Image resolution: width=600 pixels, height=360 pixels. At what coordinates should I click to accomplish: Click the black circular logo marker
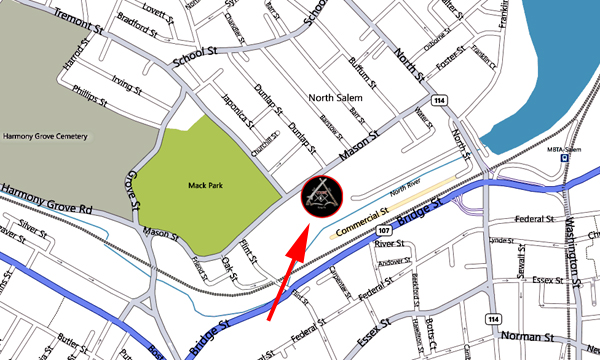[322, 195]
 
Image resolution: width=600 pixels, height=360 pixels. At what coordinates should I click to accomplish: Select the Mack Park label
[204, 185]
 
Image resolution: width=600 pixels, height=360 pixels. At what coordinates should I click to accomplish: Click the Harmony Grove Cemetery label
[45, 136]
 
